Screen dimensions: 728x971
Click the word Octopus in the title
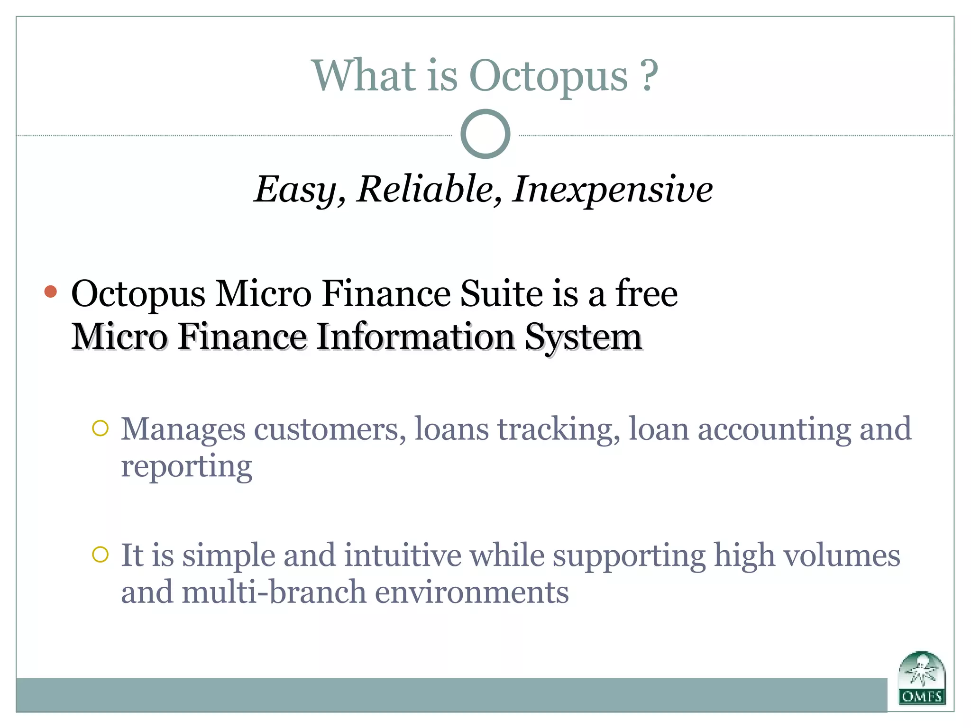548,77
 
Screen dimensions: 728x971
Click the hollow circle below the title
485,134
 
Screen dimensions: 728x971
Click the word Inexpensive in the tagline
612,190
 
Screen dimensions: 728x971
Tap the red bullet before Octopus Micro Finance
51,292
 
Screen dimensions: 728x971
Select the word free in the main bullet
647,294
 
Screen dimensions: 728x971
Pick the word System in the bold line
583,337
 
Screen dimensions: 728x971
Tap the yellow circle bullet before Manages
101,428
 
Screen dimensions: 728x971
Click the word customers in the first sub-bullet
330,429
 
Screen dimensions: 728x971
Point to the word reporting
186,467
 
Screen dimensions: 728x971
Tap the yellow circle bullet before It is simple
101,554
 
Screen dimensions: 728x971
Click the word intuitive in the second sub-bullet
403,555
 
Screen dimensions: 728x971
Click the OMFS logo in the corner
922,678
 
